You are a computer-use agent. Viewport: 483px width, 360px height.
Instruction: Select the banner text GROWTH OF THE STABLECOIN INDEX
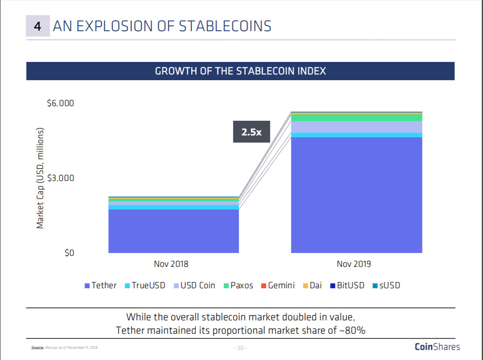[x=240, y=71]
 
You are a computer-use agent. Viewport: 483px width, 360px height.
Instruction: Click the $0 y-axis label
[x=68, y=253]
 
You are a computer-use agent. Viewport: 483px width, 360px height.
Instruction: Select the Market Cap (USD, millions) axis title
[x=40, y=178]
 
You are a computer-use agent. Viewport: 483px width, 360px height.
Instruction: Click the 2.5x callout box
[x=251, y=132]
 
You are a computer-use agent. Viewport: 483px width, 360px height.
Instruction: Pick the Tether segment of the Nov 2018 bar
[x=173, y=231]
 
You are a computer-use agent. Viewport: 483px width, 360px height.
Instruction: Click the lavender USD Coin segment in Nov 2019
[x=356, y=127]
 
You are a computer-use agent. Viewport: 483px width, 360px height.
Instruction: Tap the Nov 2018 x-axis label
[x=171, y=264]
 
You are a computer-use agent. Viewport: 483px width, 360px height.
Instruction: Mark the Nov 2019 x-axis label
[x=354, y=264]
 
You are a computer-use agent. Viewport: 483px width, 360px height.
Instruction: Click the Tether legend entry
[x=100, y=286]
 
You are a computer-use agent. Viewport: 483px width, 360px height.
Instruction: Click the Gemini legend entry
[x=278, y=286]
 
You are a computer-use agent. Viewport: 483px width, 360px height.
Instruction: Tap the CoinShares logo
[x=437, y=347]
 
